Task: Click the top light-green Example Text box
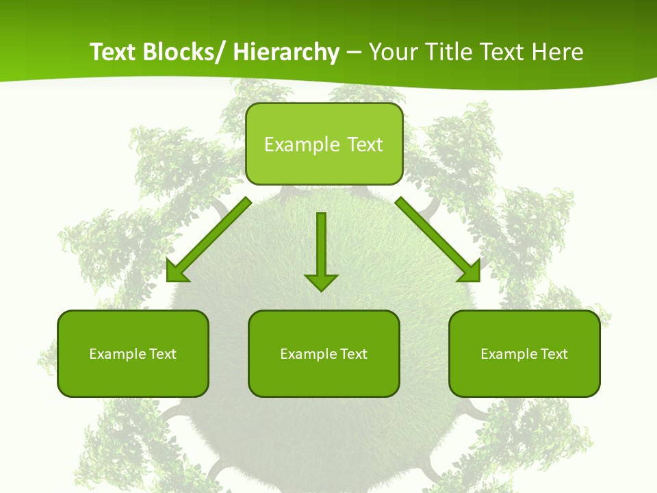pyautogui.click(x=324, y=144)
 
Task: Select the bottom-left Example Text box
pyautogui.click(x=133, y=353)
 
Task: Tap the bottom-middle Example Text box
pyautogui.click(x=324, y=353)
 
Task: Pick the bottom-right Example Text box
pyautogui.click(x=524, y=353)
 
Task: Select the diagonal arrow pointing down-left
pyautogui.click(x=209, y=240)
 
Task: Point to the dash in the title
pyautogui.click(x=354, y=53)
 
